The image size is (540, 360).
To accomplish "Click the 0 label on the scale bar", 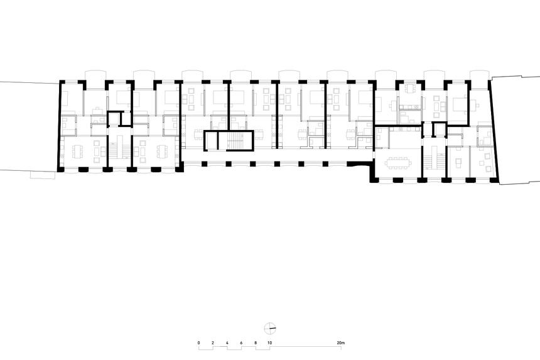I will click(x=198, y=342).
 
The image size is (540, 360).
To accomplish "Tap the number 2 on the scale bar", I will click(x=213, y=342).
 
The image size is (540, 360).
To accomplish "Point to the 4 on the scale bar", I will click(x=227, y=342).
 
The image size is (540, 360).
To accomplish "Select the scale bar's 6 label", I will click(x=241, y=342).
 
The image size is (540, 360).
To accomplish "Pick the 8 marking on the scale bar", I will click(x=256, y=342).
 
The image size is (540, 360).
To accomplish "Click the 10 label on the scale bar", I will click(x=270, y=342).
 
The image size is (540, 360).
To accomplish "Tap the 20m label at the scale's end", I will click(x=341, y=342).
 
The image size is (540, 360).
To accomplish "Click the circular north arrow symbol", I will click(x=270, y=327).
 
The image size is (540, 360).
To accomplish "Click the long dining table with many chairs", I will click(x=397, y=161).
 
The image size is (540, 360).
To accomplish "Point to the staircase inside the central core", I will click(x=235, y=141).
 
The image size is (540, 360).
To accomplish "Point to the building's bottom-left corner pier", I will click(x=61, y=168).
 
